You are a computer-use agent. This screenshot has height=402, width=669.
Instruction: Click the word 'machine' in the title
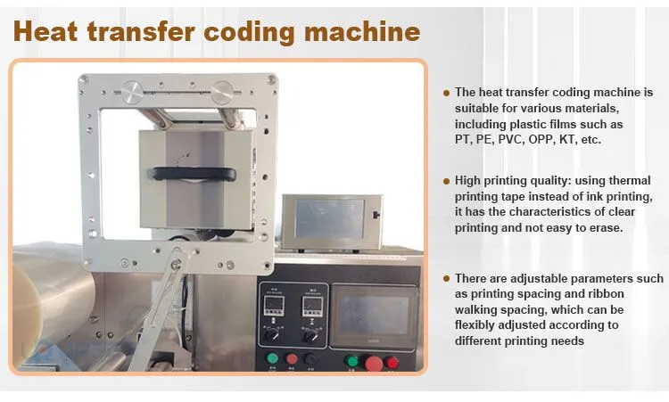pyautogui.click(x=362, y=31)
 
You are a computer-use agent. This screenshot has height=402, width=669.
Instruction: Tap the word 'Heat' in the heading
pyautogui.click(x=45, y=31)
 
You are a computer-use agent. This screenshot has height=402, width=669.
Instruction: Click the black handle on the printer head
pyautogui.click(x=192, y=174)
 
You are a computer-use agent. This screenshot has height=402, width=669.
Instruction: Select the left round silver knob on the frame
pyautogui.click(x=132, y=93)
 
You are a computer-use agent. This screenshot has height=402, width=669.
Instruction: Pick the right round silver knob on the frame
pyautogui.click(x=222, y=92)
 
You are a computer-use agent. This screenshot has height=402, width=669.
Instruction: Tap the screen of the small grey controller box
pyautogui.click(x=329, y=219)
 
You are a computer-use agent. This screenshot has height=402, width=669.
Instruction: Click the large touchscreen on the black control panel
pyautogui.click(x=374, y=315)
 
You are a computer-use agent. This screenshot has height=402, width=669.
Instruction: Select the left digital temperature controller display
pyautogui.click(x=274, y=306)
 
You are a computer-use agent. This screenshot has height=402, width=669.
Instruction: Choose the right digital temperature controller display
pyautogui.click(x=312, y=307)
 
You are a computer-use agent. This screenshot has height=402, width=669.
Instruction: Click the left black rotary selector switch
pyautogui.click(x=272, y=334)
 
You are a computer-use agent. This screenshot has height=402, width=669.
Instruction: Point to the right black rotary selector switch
pyautogui.click(x=310, y=336)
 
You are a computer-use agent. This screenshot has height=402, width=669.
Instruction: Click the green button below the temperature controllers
pyautogui.click(x=272, y=357)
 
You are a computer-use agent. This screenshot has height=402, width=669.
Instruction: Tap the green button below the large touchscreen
pyautogui.click(x=351, y=361)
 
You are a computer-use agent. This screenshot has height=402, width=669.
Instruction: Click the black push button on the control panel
pyautogui.click(x=310, y=359)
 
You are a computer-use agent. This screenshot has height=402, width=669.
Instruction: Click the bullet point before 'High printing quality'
pyautogui.click(x=446, y=181)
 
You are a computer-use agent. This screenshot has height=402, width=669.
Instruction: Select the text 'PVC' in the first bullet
pyautogui.click(x=511, y=139)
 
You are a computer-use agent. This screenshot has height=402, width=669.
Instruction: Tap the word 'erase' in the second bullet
pyautogui.click(x=605, y=228)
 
